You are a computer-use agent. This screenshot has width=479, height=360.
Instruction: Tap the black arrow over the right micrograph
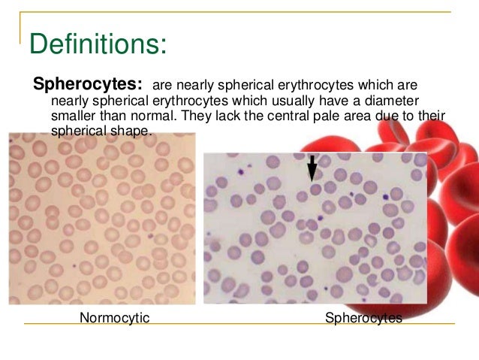pyautogui.click(x=312, y=170)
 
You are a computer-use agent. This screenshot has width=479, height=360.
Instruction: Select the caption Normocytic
pyautogui.click(x=115, y=318)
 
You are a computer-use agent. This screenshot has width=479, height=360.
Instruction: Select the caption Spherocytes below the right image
pyautogui.click(x=363, y=318)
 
